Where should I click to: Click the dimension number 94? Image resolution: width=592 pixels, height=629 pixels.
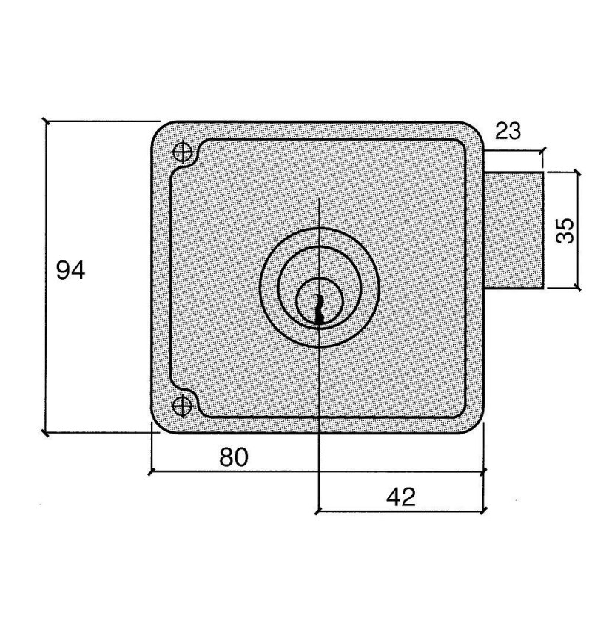pyautogui.click(x=70, y=270)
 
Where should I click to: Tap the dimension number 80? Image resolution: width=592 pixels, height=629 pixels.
pyautogui.click(x=234, y=457)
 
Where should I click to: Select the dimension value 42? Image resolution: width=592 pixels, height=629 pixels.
pyautogui.click(x=401, y=497)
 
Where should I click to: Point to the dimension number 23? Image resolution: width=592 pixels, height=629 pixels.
pyautogui.click(x=508, y=131)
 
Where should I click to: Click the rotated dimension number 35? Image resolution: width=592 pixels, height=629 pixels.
pyautogui.click(x=565, y=230)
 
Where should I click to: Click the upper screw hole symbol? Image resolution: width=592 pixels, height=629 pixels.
pyautogui.click(x=183, y=152)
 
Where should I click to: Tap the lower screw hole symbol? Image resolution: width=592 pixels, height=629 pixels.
pyautogui.click(x=182, y=406)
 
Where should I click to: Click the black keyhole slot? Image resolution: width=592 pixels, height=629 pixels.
pyautogui.click(x=319, y=308)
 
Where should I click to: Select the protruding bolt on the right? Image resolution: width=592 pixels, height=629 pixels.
pyautogui.click(x=514, y=230)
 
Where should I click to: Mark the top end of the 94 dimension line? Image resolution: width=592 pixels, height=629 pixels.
pyautogui.click(x=46, y=121)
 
